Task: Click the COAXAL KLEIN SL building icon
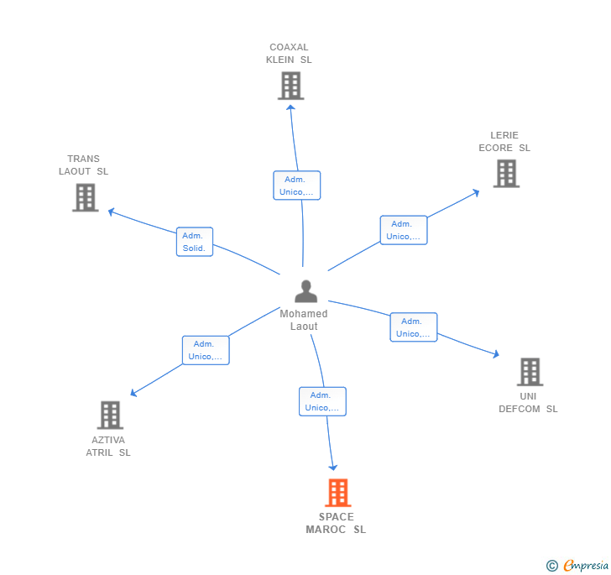(x=290, y=86)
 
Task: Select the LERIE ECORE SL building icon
(x=506, y=173)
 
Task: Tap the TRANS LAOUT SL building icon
(x=85, y=197)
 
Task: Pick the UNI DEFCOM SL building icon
(x=530, y=372)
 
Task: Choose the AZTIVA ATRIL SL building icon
(x=110, y=415)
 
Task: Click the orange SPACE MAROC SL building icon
(x=337, y=493)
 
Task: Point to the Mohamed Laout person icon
(x=306, y=291)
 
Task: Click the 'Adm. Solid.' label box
(x=195, y=242)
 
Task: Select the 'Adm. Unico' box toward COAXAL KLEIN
(x=297, y=186)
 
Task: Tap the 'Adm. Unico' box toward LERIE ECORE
(x=404, y=230)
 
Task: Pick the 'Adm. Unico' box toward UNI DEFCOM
(x=413, y=327)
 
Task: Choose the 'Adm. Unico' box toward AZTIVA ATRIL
(x=206, y=350)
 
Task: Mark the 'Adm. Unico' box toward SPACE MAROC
(x=322, y=401)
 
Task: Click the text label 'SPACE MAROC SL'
(x=336, y=523)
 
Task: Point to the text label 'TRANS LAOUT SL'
(x=84, y=165)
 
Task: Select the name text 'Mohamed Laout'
(x=304, y=320)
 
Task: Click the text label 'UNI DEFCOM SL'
(x=528, y=403)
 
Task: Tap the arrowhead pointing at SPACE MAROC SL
(x=333, y=467)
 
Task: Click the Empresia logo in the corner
(x=577, y=566)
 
